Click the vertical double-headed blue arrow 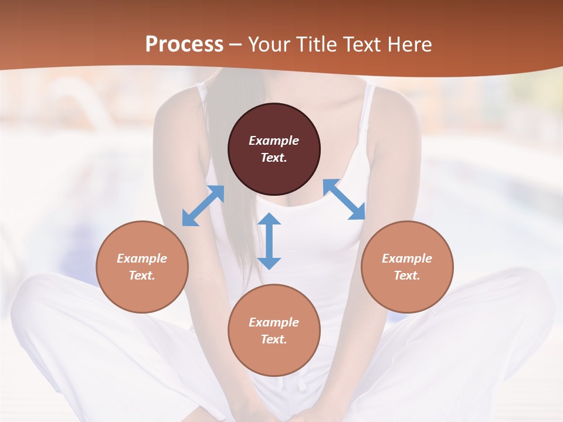pyautogui.click(x=269, y=241)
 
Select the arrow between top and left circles pyautogui.click(x=203, y=206)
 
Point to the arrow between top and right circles pyautogui.click(x=344, y=200)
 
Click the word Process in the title pyautogui.click(x=184, y=44)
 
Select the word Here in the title pyautogui.click(x=411, y=44)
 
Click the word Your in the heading pyautogui.click(x=267, y=44)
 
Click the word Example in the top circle pyautogui.click(x=274, y=141)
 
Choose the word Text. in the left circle pyautogui.click(x=142, y=275)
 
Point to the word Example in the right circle pyautogui.click(x=407, y=258)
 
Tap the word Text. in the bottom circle pyautogui.click(x=274, y=339)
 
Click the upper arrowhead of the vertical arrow pyautogui.click(x=269, y=219)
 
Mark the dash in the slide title pyautogui.click(x=236, y=45)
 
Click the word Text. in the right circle pyautogui.click(x=407, y=275)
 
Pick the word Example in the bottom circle pyautogui.click(x=274, y=322)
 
